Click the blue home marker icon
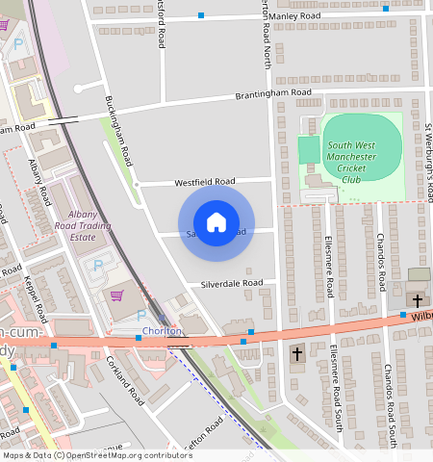coord(216,223)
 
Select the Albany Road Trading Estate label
coord(97,225)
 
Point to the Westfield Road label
coord(204,181)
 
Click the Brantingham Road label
coord(273,94)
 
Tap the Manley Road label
coord(294,16)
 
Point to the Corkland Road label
coord(125,381)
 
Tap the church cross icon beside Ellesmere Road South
coord(297,354)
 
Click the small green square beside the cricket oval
coord(308,150)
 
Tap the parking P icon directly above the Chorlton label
coord(141,315)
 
